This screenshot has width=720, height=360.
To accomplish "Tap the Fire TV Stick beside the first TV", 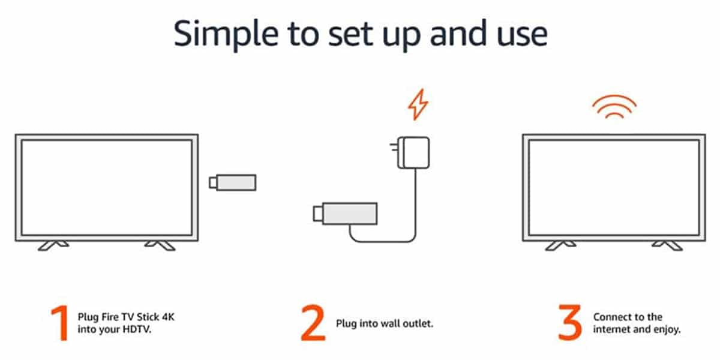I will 236,182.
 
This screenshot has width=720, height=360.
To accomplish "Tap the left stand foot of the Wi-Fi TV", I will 559,245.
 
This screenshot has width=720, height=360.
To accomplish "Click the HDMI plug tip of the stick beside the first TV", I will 212,182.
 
